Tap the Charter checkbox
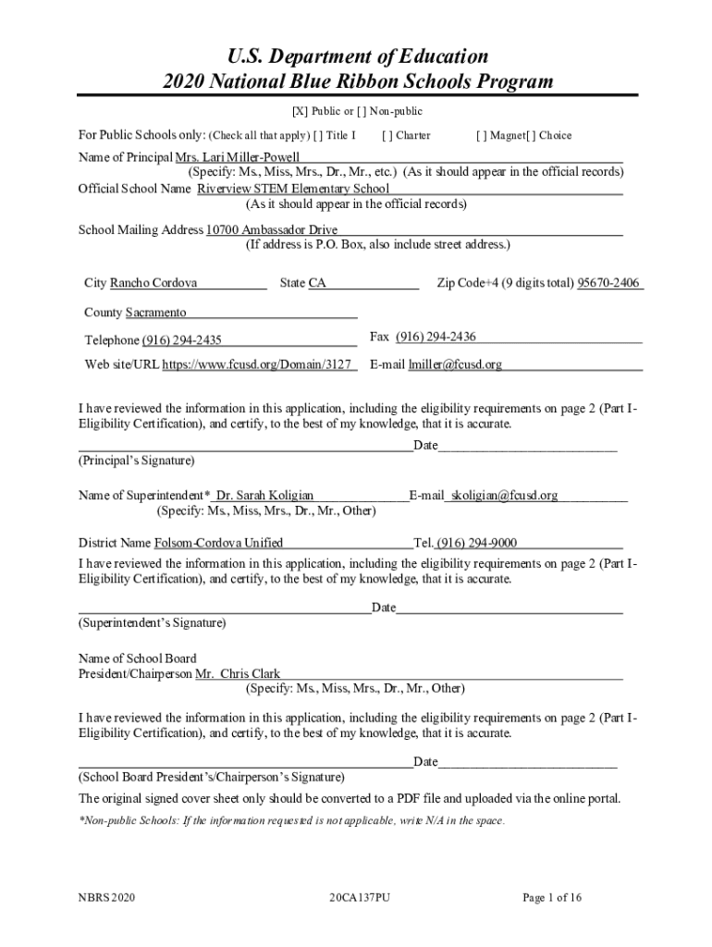click(x=386, y=136)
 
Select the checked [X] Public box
click(x=300, y=112)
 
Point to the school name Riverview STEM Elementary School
click(x=293, y=189)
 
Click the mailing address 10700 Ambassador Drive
click(x=271, y=230)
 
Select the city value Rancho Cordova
click(x=153, y=283)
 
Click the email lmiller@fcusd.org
click(x=456, y=364)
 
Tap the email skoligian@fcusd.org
click(x=504, y=496)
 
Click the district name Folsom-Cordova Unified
click(x=218, y=543)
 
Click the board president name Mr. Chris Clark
click(x=238, y=674)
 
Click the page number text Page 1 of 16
click(x=552, y=897)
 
